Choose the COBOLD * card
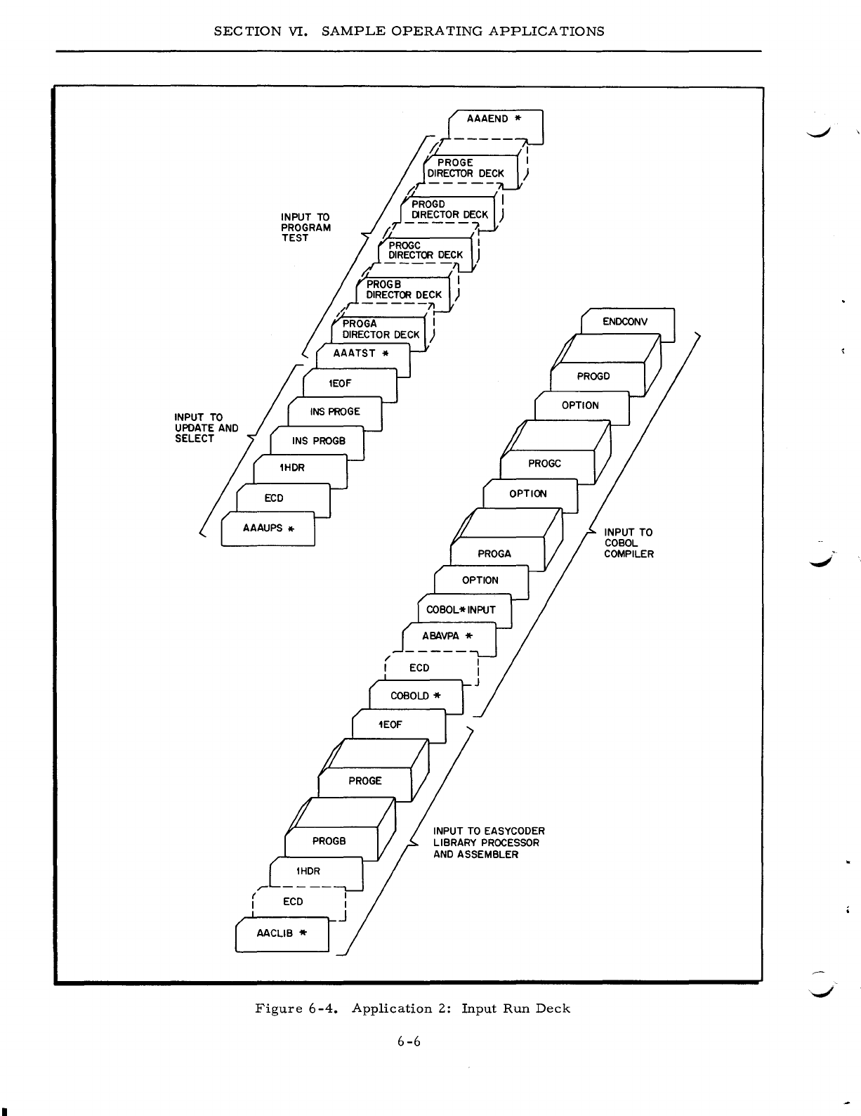click(415, 696)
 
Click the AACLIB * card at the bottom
click(282, 934)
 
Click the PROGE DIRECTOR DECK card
click(470, 168)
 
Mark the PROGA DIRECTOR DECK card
click(379, 330)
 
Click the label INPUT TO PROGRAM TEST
click(305, 227)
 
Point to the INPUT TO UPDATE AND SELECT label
click(206, 428)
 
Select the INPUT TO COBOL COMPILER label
click(629, 543)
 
